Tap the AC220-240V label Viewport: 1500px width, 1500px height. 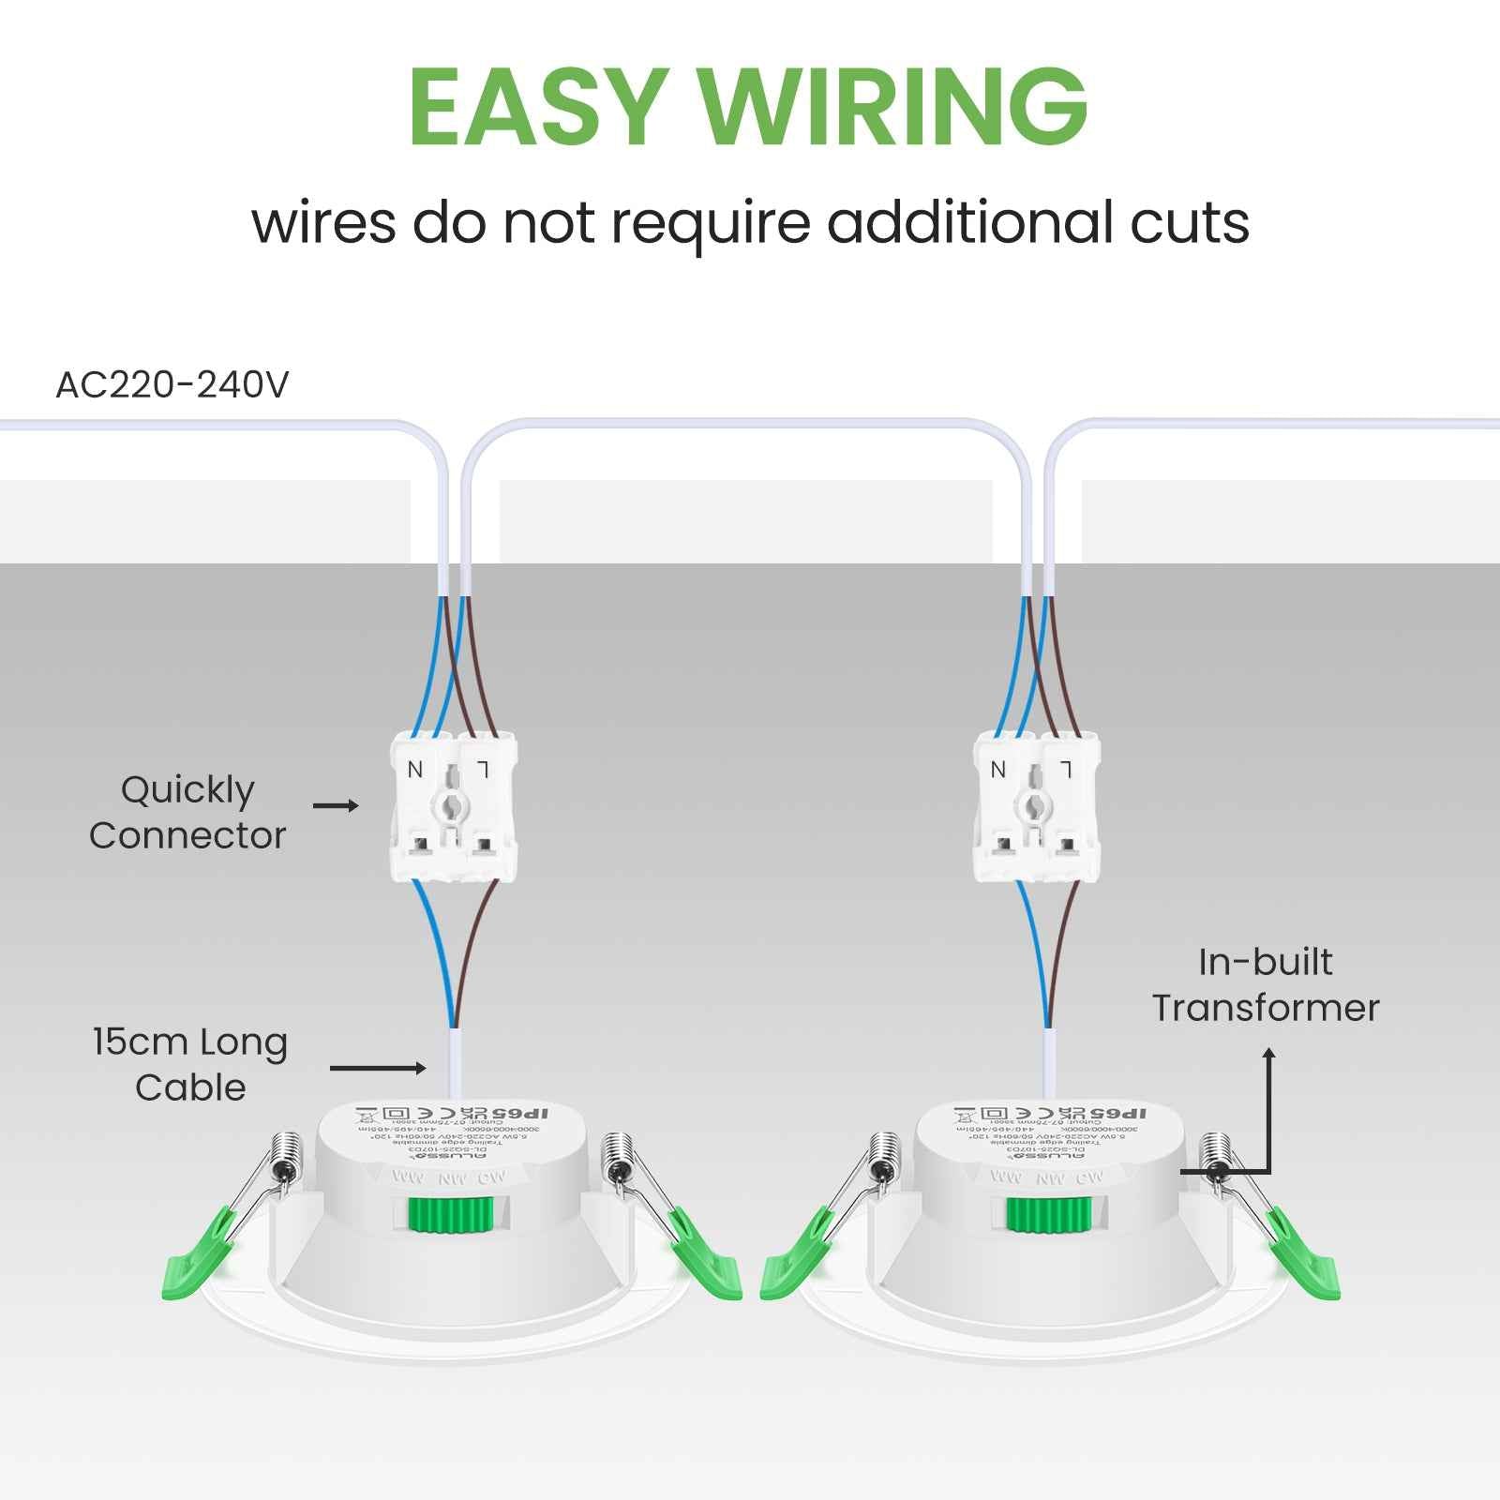tap(172, 384)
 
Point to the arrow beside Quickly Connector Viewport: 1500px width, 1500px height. tap(336, 805)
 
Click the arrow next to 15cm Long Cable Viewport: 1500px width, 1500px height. tap(379, 1068)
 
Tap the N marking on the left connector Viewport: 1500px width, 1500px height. tap(415, 770)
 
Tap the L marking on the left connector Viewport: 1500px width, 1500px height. tap(483, 770)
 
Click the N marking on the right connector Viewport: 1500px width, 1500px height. tap(997, 770)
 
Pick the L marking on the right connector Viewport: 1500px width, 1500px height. tap(1066, 770)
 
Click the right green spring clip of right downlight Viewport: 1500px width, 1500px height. tap(1305, 1256)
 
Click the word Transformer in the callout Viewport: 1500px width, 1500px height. tap(1266, 1009)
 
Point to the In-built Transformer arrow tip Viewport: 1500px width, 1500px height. tap(1269, 1052)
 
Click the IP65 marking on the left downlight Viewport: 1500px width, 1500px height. tap(520, 1113)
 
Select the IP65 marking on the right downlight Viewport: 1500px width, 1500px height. tap(1118, 1113)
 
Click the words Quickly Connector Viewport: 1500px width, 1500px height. tap(187, 813)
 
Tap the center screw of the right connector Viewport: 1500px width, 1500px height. tap(1033, 804)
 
